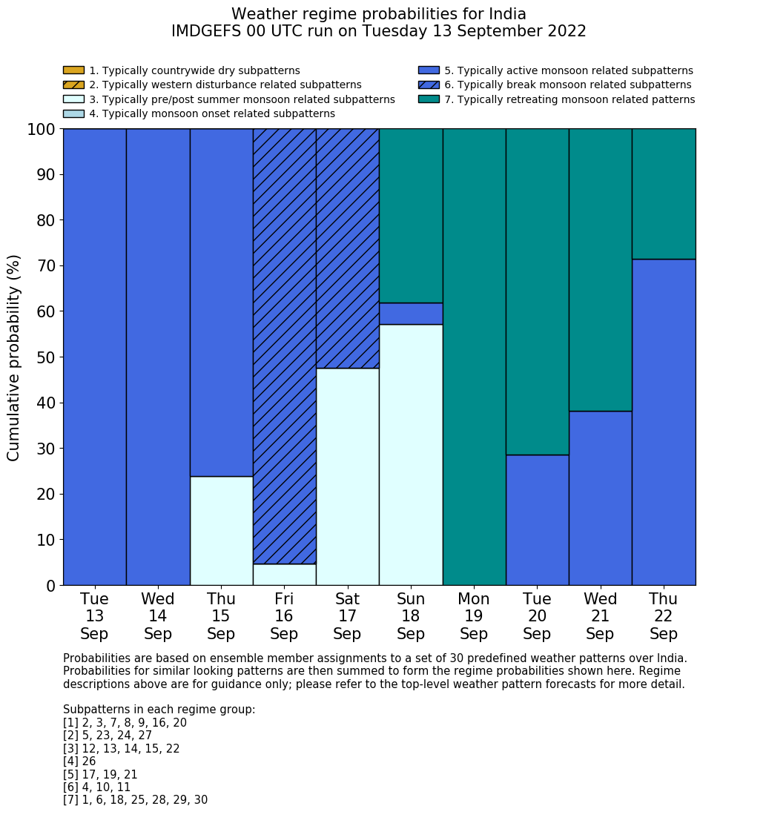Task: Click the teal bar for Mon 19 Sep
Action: click(474, 357)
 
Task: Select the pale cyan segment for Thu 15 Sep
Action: click(221, 531)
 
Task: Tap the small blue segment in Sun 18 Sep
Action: click(411, 314)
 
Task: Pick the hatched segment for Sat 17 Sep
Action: click(347, 248)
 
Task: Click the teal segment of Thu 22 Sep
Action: click(664, 194)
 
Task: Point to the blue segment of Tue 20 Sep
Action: click(537, 520)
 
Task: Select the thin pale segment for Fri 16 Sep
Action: click(284, 575)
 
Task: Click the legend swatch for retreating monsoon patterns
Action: click(429, 99)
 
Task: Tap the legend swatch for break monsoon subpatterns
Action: click(429, 85)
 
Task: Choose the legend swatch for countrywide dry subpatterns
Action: click(73, 70)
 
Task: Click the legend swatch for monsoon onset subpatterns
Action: click(73, 113)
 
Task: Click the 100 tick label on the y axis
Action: click(42, 130)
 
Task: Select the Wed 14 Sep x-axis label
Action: click(158, 616)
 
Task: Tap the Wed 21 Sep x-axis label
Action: click(600, 616)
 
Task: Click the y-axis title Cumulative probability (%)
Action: click(14, 357)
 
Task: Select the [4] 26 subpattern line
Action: click(79, 761)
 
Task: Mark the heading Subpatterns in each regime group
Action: click(159, 710)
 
